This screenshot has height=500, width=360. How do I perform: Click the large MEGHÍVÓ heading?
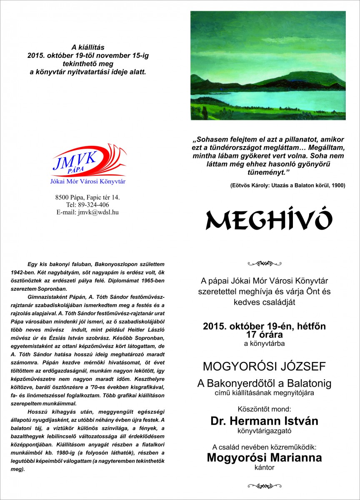point(268,219)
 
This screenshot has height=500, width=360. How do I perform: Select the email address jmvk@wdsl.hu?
point(87,212)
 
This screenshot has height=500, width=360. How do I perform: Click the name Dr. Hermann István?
point(264,421)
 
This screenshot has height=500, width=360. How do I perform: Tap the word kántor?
point(265,468)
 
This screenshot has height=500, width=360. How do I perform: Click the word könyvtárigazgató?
point(265,431)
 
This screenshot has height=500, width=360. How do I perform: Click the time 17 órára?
point(265,334)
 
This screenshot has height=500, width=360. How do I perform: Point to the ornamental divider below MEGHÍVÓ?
point(264,263)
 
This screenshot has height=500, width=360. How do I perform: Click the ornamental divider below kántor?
point(264,485)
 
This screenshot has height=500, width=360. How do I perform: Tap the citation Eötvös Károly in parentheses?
point(287,185)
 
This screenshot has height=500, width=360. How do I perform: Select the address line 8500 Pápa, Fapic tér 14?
point(87,197)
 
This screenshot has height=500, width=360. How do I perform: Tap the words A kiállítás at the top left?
point(87,47)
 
